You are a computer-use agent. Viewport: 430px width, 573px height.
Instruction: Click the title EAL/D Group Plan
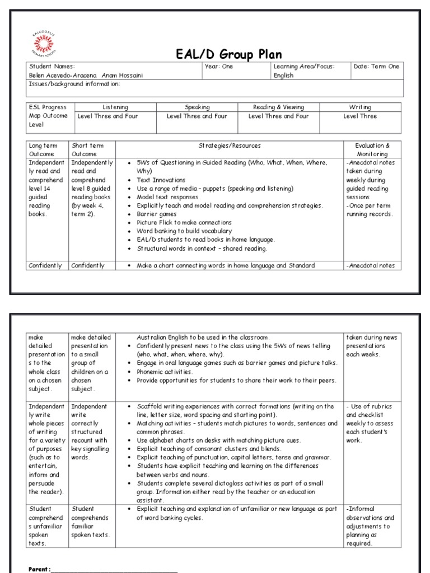[230, 54]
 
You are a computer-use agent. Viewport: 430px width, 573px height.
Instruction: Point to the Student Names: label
[52, 67]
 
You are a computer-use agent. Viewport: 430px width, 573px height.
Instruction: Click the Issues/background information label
[74, 84]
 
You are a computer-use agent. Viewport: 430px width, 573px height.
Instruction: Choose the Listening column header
[115, 107]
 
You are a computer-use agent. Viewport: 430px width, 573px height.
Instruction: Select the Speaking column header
[197, 107]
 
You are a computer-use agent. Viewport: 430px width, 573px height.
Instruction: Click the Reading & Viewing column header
[278, 107]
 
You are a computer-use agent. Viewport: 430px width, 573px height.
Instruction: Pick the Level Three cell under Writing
[360, 116]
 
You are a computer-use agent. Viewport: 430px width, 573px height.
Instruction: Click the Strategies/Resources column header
[230, 145]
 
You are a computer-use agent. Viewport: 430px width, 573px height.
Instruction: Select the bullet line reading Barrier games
[159, 214]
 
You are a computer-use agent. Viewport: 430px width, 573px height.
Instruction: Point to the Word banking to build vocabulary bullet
[184, 231]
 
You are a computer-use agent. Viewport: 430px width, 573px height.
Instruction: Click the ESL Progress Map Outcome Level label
[48, 116]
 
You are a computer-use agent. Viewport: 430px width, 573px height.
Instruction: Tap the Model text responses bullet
[167, 197]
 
